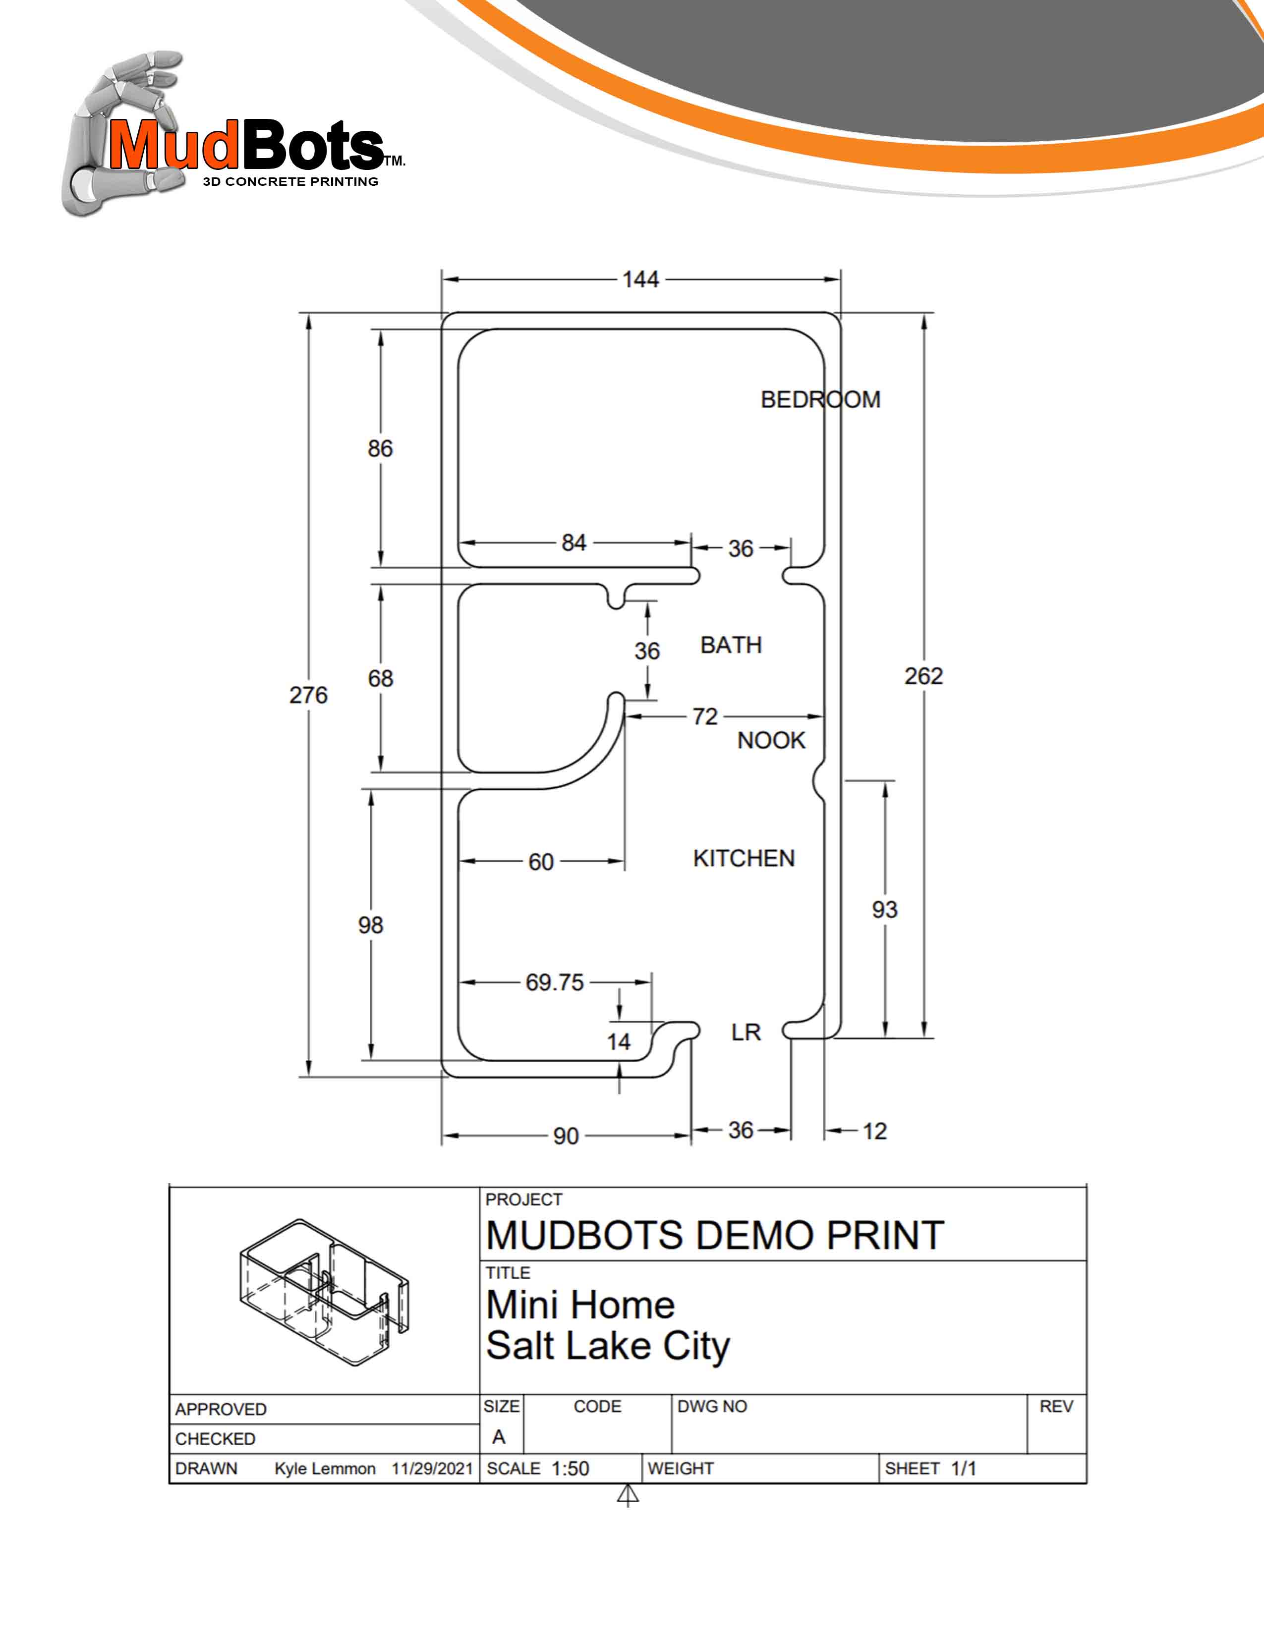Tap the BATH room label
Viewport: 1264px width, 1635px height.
[x=731, y=645]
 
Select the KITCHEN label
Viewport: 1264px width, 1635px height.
[x=744, y=858]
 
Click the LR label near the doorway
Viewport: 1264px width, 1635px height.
[x=746, y=1033]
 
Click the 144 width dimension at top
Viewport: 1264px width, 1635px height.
[x=640, y=279]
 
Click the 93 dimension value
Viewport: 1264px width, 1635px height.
[x=884, y=910]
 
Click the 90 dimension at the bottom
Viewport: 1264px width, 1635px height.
[x=566, y=1137]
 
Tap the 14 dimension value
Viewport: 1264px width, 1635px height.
[x=619, y=1041]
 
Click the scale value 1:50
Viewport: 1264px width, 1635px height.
[x=570, y=1469]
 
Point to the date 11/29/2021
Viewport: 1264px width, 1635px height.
[x=432, y=1469]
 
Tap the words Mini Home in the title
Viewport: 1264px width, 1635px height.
[x=580, y=1305]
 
